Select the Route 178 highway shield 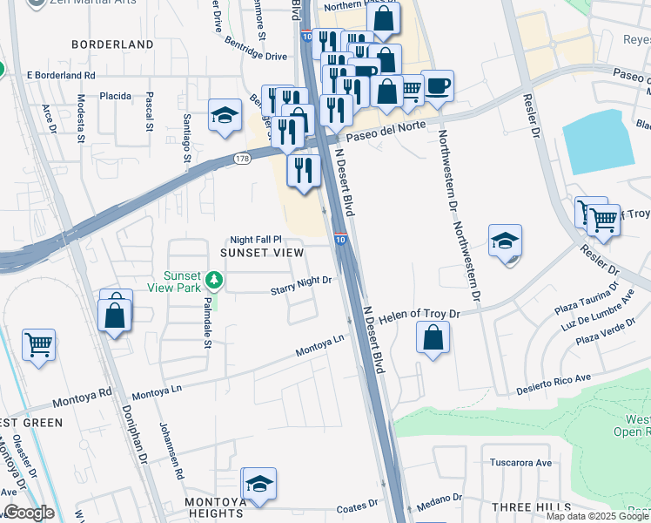click(x=242, y=159)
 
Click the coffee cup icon click(x=437, y=86)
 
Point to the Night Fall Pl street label click(x=256, y=239)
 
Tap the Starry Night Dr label click(x=301, y=281)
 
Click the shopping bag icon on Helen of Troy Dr click(x=433, y=337)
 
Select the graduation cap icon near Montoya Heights click(x=258, y=484)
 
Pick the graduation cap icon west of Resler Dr click(x=505, y=241)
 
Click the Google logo click(x=28, y=512)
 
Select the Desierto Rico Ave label click(x=554, y=384)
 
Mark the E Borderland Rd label click(x=61, y=75)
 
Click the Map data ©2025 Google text click(x=597, y=516)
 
